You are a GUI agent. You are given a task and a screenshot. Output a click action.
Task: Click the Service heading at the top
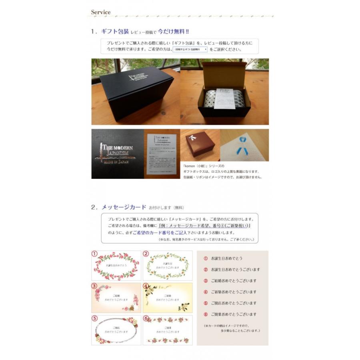[x=101, y=12]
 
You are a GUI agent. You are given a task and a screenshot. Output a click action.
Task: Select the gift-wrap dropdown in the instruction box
[x=190, y=49]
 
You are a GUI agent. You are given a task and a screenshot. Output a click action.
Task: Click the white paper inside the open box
[x=224, y=98]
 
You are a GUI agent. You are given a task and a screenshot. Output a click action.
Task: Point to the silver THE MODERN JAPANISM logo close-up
[x=117, y=154]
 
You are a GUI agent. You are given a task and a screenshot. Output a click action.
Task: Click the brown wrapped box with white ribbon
[x=200, y=144]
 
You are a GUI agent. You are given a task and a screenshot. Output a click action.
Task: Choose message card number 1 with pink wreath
[x=116, y=266]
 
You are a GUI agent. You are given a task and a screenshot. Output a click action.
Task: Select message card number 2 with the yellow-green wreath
[x=167, y=266]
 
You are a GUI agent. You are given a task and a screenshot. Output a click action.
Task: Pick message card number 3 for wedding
[x=116, y=298]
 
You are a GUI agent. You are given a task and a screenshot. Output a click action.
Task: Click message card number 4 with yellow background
[x=167, y=298]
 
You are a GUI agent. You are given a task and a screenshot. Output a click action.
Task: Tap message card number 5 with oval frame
[x=116, y=330]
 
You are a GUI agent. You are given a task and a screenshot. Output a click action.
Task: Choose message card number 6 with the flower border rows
[x=167, y=330]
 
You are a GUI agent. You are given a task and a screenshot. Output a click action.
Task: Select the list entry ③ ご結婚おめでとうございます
[x=230, y=281]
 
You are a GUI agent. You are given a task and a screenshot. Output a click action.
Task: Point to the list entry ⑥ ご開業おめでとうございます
[x=230, y=314]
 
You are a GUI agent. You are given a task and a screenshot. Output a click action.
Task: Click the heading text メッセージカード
[x=124, y=207]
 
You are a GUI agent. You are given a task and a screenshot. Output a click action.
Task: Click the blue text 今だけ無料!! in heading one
[x=173, y=31]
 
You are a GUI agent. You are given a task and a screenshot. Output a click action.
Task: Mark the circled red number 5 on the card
[x=94, y=318]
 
